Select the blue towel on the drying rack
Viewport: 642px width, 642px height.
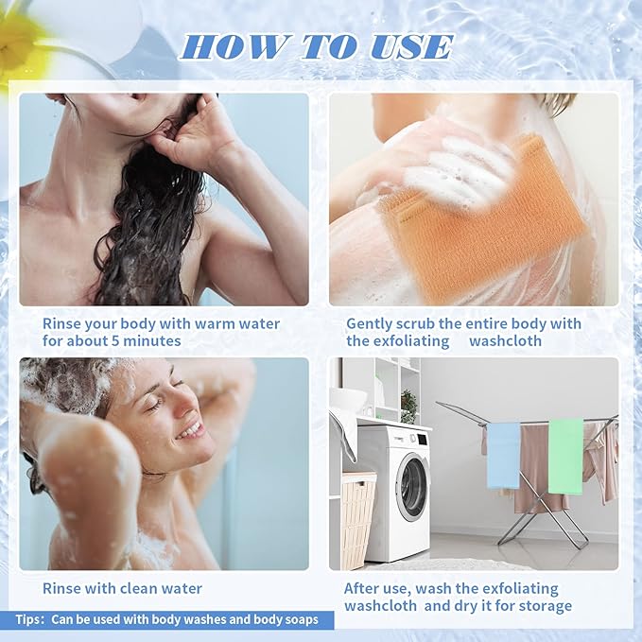click(503, 454)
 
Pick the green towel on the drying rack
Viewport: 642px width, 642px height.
click(565, 454)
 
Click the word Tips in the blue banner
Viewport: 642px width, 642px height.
click(29, 620)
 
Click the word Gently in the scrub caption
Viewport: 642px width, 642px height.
click(370, 323)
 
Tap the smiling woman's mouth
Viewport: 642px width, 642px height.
click(190, 430)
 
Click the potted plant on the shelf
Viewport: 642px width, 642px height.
click(408, 406)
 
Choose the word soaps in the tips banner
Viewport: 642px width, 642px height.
click(300, 620)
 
